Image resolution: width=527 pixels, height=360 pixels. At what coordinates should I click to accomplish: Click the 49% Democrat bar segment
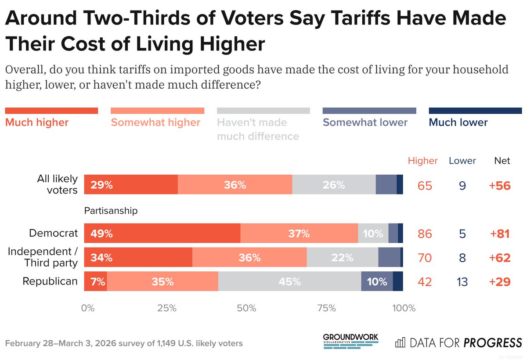coord(162,233)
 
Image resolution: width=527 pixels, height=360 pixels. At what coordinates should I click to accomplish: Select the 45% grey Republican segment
coord(289,281)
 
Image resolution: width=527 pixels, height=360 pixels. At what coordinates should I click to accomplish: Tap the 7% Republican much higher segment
coord(96,281)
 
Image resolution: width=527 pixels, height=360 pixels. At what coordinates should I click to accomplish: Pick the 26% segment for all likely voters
coord(334,185)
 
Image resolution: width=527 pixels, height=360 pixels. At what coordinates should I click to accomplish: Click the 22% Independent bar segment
coord(343,257)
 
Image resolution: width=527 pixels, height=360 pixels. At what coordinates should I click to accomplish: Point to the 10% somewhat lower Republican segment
coord(377,281)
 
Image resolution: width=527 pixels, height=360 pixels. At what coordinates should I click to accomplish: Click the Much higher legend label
coord(37,122)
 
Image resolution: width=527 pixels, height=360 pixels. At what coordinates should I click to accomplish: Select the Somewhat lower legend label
coord(365,122)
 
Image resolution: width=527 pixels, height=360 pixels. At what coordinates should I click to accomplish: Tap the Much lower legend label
coord(458,122)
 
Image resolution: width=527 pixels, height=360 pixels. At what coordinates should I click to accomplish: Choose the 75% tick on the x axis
coord(326,308)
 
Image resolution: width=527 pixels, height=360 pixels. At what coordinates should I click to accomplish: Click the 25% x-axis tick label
coord(167,308)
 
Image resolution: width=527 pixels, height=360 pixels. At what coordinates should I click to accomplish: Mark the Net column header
coord(502,161)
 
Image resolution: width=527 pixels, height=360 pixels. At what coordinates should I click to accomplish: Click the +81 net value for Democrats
coord(499,234)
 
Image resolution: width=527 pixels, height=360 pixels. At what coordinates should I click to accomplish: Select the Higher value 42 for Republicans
coord(424,281)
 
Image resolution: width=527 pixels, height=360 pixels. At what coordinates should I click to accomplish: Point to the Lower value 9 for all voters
coord(462,186)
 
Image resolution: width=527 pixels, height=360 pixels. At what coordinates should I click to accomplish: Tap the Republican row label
coord(50,281)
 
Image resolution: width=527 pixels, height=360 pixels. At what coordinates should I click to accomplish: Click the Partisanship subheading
coord(111,211)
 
